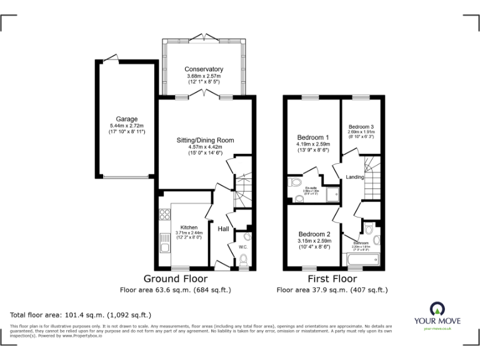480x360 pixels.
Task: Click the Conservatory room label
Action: [204, 69]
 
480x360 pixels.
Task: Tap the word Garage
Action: [126, 119]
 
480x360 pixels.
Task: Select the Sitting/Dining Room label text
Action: [205, 140]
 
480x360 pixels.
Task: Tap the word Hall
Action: [223, 229]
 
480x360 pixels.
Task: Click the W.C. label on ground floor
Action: [244, 247]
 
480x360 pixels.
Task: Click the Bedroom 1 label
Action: [313, 137]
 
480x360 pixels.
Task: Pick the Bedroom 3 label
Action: [361, 126]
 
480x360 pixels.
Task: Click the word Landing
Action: [355, 177]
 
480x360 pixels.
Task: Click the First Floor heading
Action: [332, 279]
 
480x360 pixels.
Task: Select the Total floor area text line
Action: [81, 315]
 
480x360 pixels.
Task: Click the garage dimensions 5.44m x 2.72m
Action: [126, 126]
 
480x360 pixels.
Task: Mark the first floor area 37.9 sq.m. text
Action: [332, 290]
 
